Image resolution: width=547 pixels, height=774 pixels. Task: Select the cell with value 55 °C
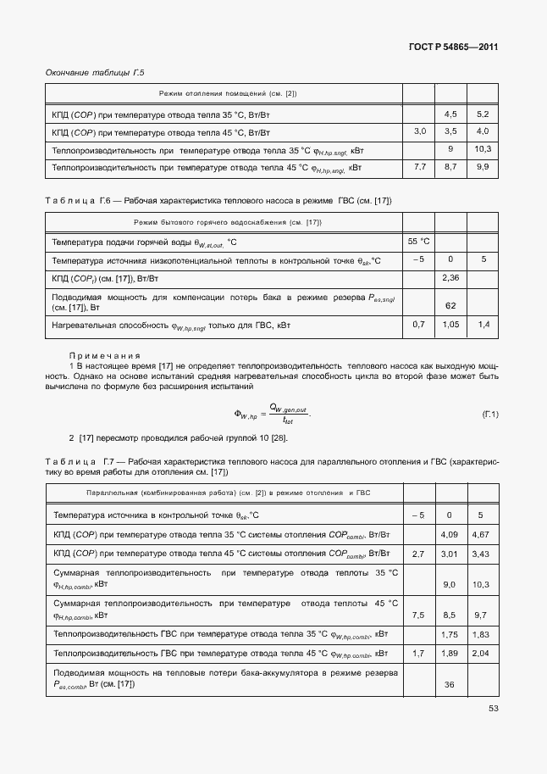(x=418, y=242)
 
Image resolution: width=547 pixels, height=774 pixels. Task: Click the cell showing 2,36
(x=450, y=278)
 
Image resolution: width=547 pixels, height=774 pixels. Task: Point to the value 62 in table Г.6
(x=450, y=305)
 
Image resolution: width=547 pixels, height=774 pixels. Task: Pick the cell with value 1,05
(x=450, y=325)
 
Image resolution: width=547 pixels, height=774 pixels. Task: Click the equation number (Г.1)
(x=489, y=414)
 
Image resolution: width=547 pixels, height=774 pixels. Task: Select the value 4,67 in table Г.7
(x=481, y=534)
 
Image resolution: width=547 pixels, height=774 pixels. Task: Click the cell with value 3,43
(x=481, y=554)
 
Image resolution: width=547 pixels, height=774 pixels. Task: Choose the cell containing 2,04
(x=481, y=654)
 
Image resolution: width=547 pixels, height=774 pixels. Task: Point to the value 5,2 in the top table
(x=483, y=114)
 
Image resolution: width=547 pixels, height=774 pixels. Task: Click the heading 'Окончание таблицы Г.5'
(x=95, y=73)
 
